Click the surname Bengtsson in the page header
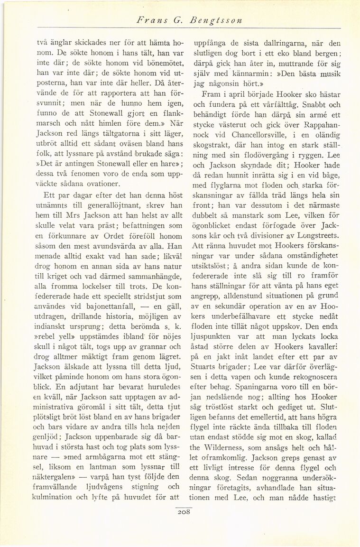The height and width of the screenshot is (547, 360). click(x=217, y=21)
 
